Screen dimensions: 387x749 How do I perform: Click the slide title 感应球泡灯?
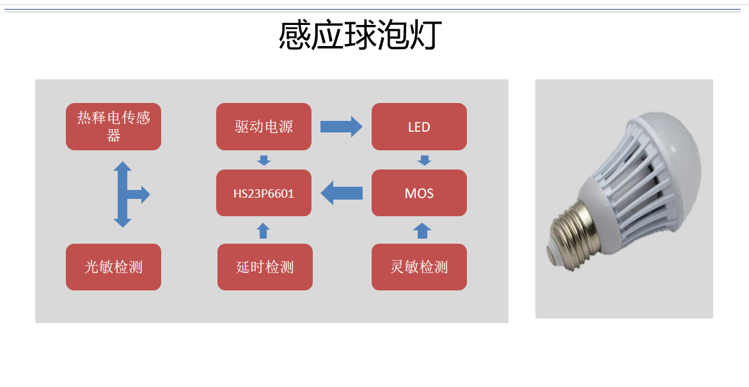tap(360, 36)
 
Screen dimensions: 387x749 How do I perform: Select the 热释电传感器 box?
tap(114, 127)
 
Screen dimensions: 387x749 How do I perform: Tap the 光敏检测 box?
tap(114, 267)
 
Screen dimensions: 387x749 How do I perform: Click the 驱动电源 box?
tap(264, 127)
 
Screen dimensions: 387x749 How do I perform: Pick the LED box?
tap(419, 127)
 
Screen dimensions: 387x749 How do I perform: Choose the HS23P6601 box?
tap(264, 193)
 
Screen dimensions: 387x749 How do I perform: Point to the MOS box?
tap(419, 193)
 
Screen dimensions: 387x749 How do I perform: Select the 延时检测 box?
tap(265, 267)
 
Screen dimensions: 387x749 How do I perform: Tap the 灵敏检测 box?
tap(419, 267)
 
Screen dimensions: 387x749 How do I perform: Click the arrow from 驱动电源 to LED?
tap(341, 126)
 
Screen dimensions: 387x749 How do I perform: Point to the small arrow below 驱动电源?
tap(264, 159)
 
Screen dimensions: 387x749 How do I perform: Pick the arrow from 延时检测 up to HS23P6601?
tap(264, 230)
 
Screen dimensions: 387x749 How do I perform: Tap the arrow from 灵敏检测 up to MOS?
tap(422, 230)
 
